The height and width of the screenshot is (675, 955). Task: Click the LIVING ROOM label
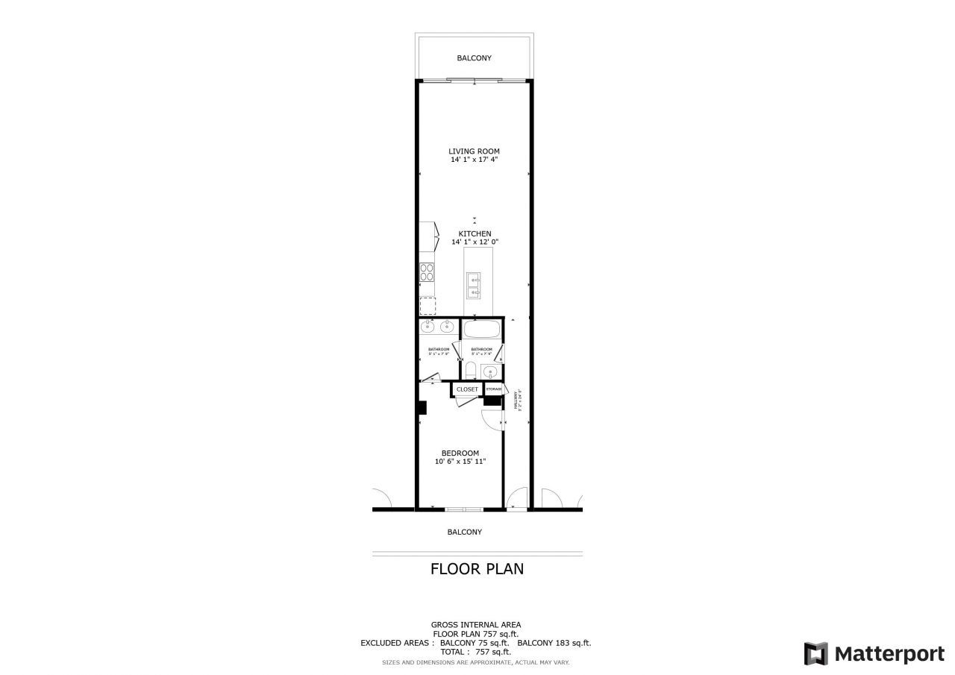click(x=475, y=151)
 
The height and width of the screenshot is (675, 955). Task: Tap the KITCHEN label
click(x=475, y=233)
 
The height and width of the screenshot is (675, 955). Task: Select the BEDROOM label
click(x=460, y=453)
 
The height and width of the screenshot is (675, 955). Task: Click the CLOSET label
click(x=467, y=389)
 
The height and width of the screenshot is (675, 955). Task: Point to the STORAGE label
click(x=494, y=389)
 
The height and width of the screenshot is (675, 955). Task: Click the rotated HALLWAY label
click(x=517, y=400)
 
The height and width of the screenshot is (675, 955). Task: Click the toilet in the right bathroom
click(x=470, y=370)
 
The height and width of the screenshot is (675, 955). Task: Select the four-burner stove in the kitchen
click(x=428, y=272)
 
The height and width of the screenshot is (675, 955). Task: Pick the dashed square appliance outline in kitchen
click(x=428, y=306)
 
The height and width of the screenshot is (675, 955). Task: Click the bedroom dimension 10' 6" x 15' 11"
click(x=460, y=462)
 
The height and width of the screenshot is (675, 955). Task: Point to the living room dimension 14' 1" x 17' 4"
click(x=475, y=160)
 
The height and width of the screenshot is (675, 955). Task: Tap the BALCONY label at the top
click(x=475, y=58)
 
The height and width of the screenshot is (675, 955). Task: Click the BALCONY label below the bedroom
click(x=464, y=532)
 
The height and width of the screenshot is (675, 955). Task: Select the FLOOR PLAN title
click(x=477, y=569)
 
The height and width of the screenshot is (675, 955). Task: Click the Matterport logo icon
click(x=815, y=653)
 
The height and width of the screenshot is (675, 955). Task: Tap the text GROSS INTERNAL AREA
click(x=476, y=625)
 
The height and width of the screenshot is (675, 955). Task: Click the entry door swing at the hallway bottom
click(x=516, y=498)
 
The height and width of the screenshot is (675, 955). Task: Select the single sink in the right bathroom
click(x=489, y=371)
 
